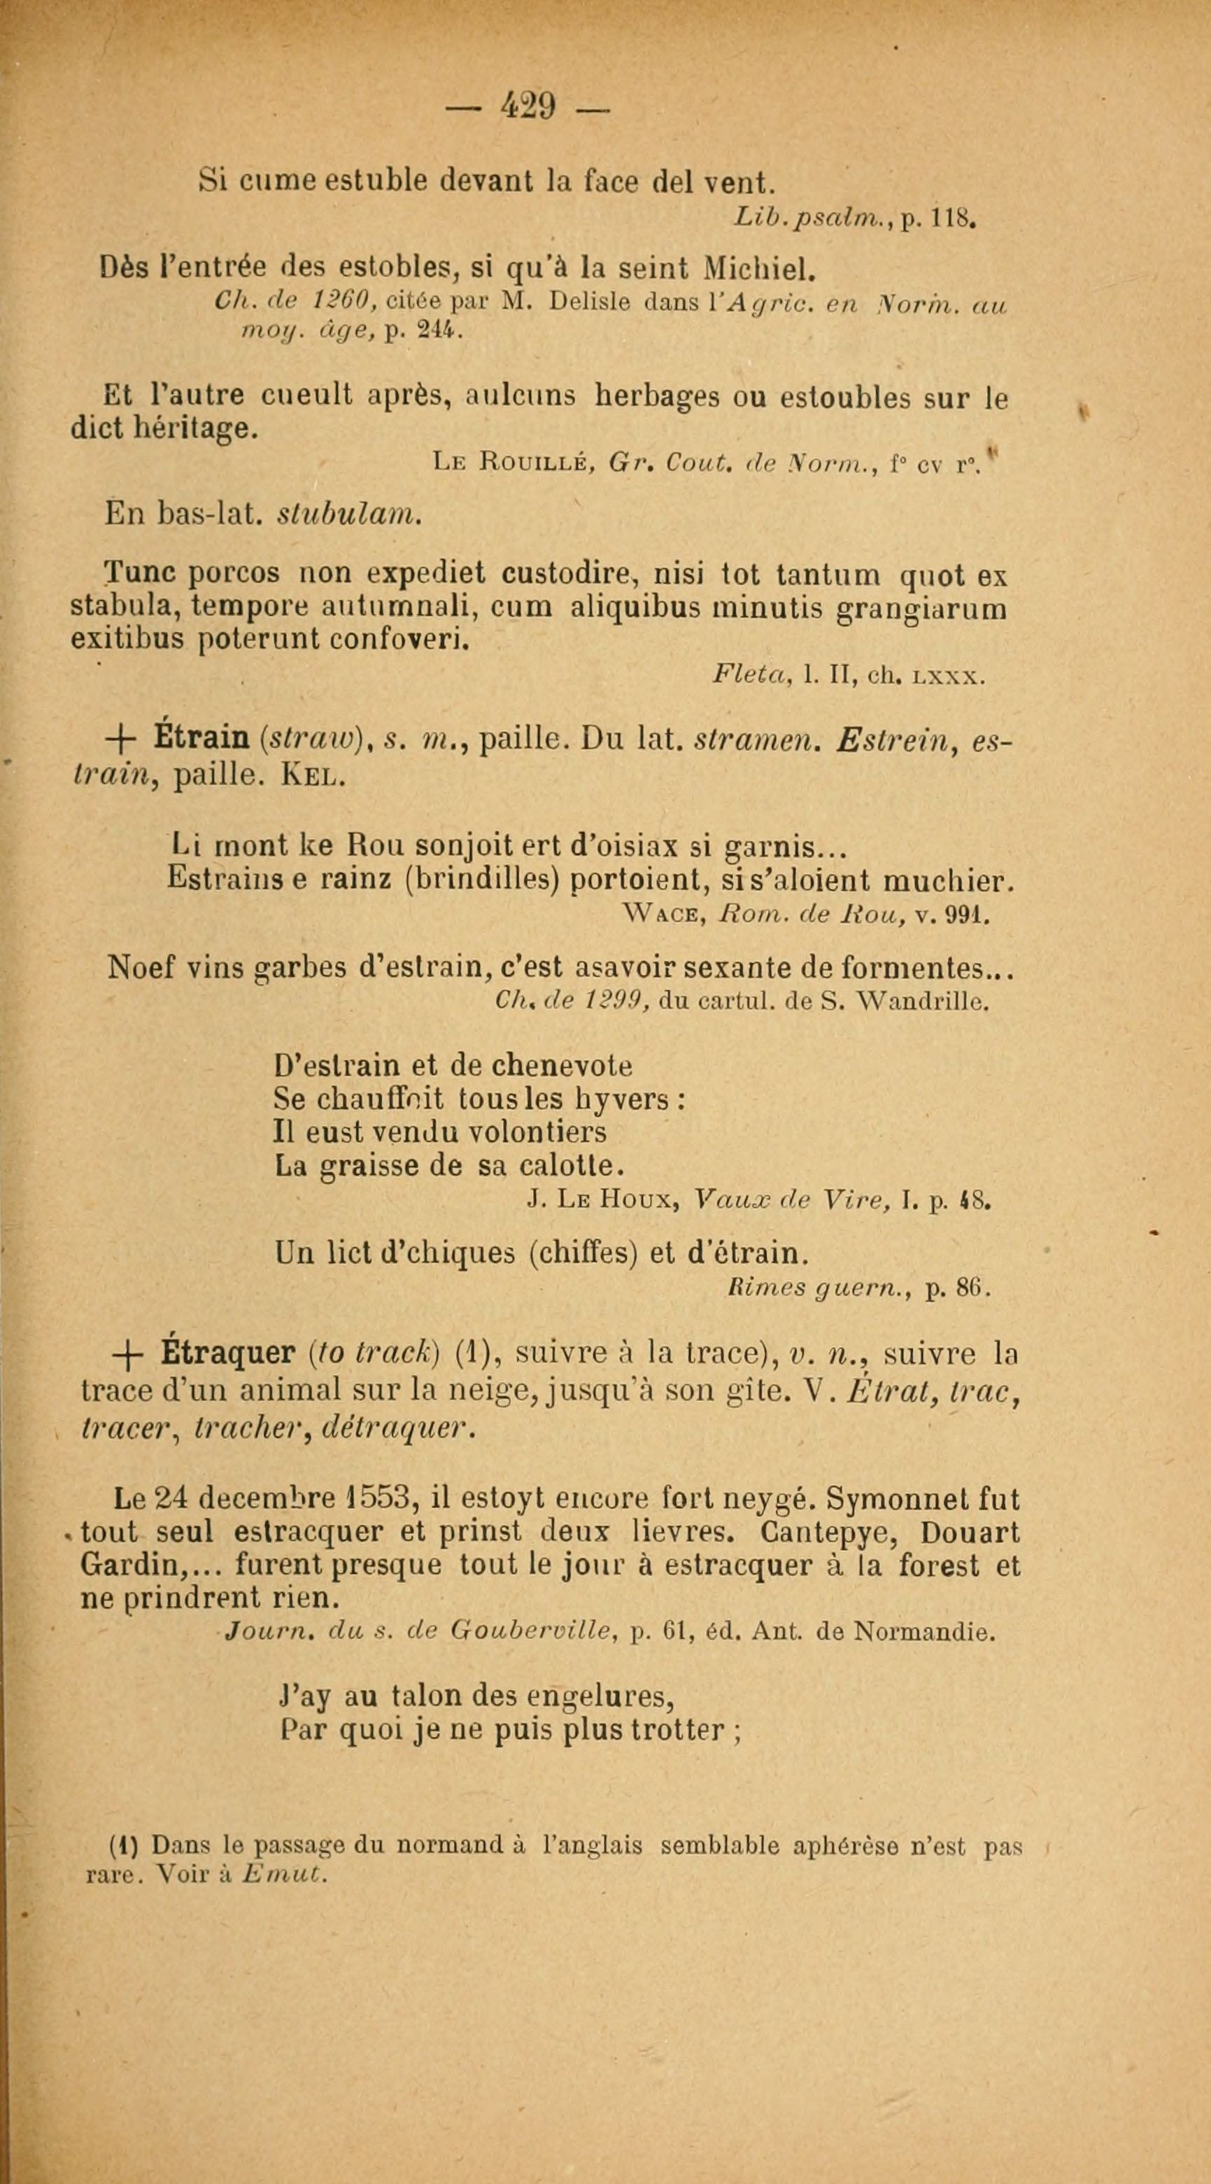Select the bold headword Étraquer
tap(226, 1354)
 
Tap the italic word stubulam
tap(349, 514)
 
